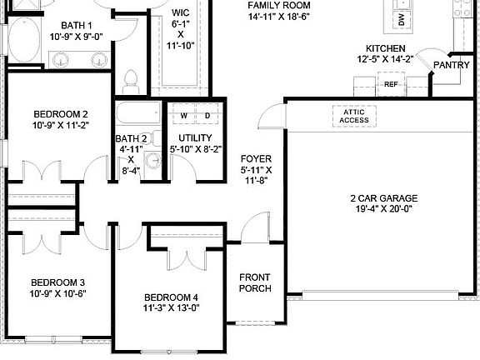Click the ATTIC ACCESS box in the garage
coord(353,116)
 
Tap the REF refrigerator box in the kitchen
coord(391,84)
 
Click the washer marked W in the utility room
coord(183,115)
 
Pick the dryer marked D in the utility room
coord(207,115)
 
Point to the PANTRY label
coord(451,64)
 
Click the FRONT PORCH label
coord(255,283)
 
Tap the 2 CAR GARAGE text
coord(383,198)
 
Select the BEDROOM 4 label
coord(171,297)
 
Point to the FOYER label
coord(256,158)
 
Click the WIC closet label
coord(180,13)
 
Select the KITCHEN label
coord(385,49)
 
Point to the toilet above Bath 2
coord(129,81)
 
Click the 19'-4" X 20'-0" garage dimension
coord(383,210)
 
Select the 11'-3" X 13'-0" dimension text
coord(171,308)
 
